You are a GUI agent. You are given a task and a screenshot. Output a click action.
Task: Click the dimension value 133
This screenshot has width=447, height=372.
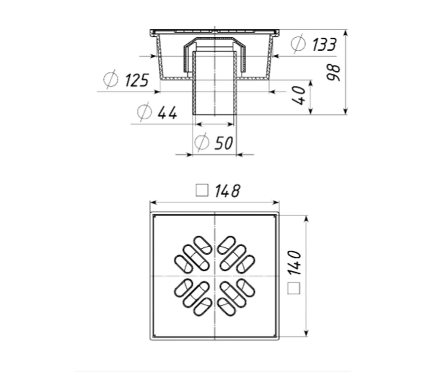point(324,45)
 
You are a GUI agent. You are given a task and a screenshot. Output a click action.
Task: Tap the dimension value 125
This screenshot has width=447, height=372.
point(137,80)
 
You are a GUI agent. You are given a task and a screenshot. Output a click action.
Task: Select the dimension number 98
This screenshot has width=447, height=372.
point(333,72)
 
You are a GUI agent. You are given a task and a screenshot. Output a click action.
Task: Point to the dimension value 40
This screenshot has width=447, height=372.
point(298,96)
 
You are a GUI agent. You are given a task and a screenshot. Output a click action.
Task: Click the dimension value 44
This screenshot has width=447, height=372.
point(167,112)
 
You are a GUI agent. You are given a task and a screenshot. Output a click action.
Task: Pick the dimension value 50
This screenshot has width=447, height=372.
point(224,143)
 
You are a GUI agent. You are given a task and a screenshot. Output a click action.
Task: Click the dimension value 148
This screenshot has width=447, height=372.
point(228,191)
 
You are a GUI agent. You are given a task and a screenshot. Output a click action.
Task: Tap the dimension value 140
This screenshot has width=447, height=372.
point(295,263)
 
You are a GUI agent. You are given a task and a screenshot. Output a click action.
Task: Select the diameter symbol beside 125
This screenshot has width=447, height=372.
point(111,79)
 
